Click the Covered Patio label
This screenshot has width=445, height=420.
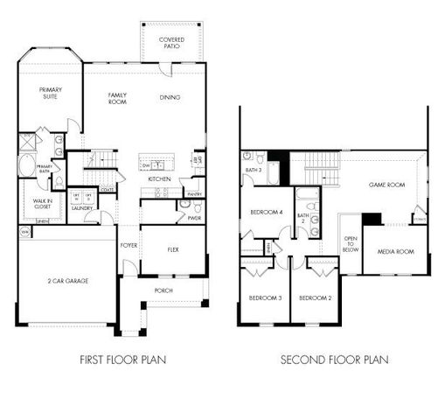click(x=171, y=43)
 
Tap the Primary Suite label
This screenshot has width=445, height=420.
click(x=50, y=93)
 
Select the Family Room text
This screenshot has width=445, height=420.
click(x=118, y=97)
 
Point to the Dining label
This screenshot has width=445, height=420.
click(x=170, y=97)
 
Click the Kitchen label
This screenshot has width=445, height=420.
click(x=158, y=178)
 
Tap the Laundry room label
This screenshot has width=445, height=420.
click(x=82, y=208)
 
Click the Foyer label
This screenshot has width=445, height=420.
click(x=129, y=246)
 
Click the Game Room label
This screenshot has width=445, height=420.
click(x=386, y=185)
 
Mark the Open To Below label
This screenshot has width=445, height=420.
click(x=351, y=242)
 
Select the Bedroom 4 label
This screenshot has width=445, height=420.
click(x=266, y=213)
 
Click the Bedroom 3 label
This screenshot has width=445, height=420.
click(x=266, y=298)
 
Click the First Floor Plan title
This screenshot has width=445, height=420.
click(x=123, y=359)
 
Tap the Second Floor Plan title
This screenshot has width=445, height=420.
click(x=334, y=359)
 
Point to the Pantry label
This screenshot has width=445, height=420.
click(x=194, y=193)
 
